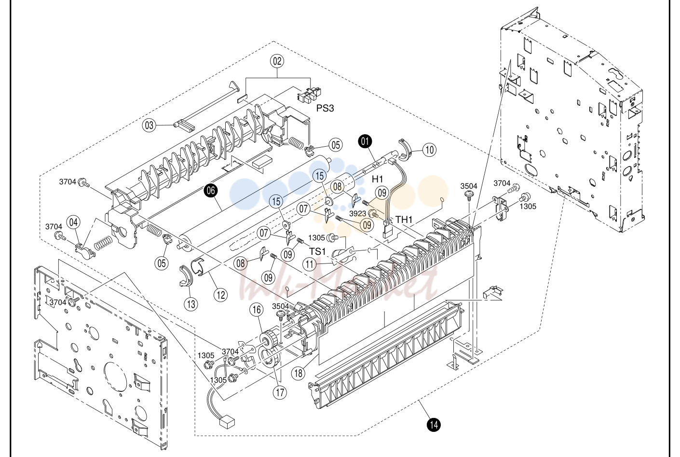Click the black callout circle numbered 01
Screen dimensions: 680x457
(x=365, y=141)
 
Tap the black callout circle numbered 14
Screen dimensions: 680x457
(x=434, y=425)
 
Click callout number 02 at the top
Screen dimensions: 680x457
(x=277, y=61)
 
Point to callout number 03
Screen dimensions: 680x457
(x=149, y=125)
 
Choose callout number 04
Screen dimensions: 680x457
(x=73, y=222)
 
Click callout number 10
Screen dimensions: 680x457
(x=429, y=150)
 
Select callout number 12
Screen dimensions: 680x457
(x=221, y=295)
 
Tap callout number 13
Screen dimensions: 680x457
(x=191, y=304)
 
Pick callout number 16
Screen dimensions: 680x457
(x=257, y=310)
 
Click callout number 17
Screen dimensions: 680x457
(x=280, y=392)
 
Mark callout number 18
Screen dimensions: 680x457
(x=299, y=373)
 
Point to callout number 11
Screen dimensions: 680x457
(x=309, y=264)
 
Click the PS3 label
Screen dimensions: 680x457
(x=325, y=108)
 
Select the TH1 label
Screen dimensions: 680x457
(x=404, y=220)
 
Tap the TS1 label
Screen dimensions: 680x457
(x=317, y=251)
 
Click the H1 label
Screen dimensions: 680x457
(x=378, y=179)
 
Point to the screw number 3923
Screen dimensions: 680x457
(x=358, y=214)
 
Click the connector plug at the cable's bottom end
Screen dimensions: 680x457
(x=227, y=423)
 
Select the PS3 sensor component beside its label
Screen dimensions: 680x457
(x=309, y=94)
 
